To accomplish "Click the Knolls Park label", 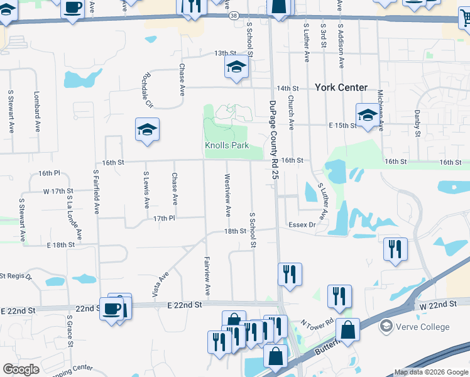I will point(227,145).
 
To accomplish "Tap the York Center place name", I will point(341,87).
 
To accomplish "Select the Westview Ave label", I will point(227,195).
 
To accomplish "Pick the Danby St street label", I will point(417,123).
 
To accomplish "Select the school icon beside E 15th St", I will point(368,114).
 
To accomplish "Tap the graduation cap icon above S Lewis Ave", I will point(147,129).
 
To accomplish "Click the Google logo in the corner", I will point(21,369).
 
